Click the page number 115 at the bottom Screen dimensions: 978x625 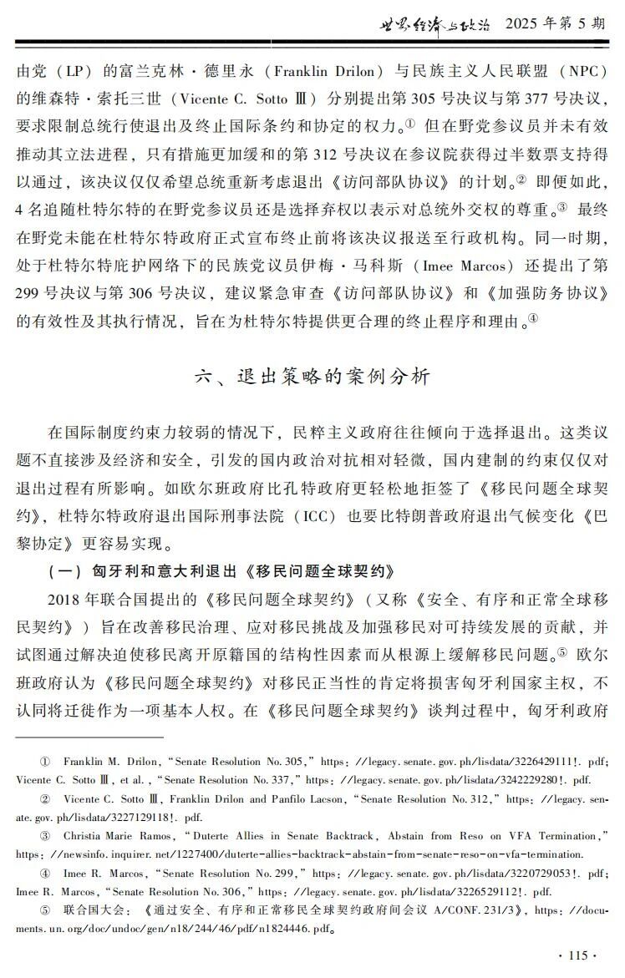point(577,955)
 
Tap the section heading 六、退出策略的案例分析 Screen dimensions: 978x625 point(312,377)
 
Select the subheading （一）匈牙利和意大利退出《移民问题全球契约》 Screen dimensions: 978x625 point(220,549)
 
